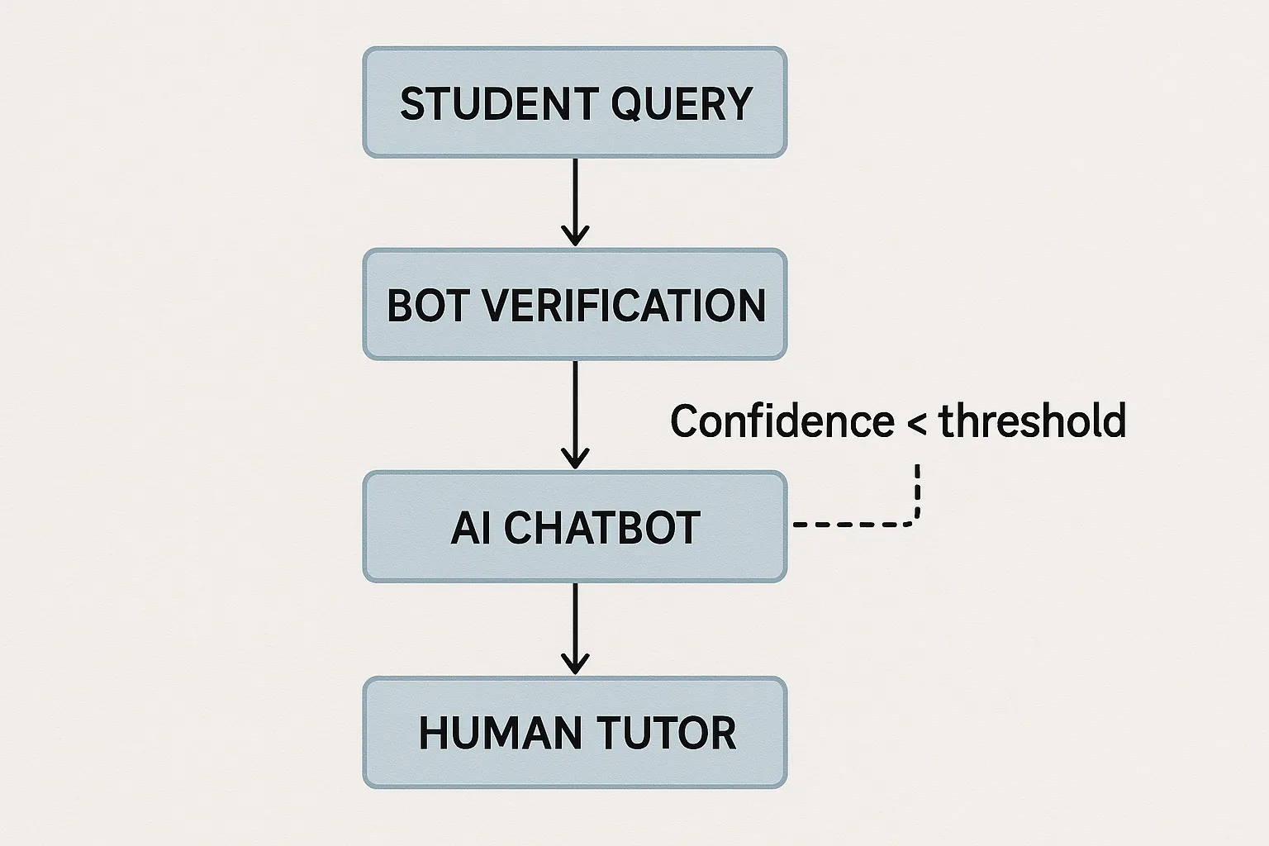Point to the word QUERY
coord(682,104)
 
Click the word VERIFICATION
coord(624,306)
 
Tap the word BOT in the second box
coord(426,306)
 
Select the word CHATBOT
coord(602,528)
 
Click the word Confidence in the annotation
coord(782,421)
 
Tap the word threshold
coord(1033,421)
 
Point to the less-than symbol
coord(916,424)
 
